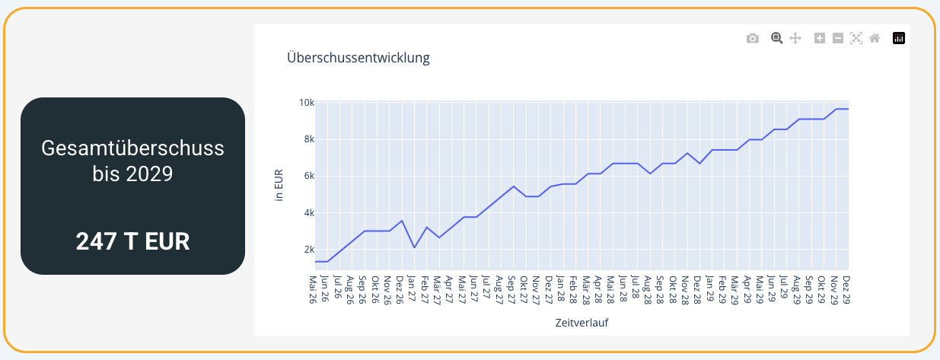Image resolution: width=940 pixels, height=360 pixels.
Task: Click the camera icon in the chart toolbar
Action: coord(753,38)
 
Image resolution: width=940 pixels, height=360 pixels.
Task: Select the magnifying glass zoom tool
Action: coord(777,38)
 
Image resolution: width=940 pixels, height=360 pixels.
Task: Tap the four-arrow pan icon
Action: coord(795,38)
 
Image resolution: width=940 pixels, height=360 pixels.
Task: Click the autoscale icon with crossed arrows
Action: coord(856,38)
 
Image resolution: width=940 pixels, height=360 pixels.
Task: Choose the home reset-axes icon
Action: coord(875,38)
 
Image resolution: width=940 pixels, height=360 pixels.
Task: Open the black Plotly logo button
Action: coord(899,38)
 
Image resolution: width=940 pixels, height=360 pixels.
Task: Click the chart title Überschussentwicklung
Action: coord(358,58)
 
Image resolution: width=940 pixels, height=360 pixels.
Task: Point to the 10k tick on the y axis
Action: coord(306,103)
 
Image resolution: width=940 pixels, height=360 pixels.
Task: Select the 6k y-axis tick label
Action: coord(307,176)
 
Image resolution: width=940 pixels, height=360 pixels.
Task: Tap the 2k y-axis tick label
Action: coord(307,250)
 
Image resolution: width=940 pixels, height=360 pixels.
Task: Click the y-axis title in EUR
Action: coord(279,186)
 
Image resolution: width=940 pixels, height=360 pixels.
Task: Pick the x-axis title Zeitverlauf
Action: coord(582,323)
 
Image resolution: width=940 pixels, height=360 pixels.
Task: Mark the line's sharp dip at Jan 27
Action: coord(414,247)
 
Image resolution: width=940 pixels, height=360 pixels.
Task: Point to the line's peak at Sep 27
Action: coord(514,186)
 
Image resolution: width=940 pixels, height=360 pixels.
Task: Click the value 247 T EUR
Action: coord(132,241)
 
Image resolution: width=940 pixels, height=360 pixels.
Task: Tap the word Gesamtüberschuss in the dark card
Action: coord(132,148)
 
